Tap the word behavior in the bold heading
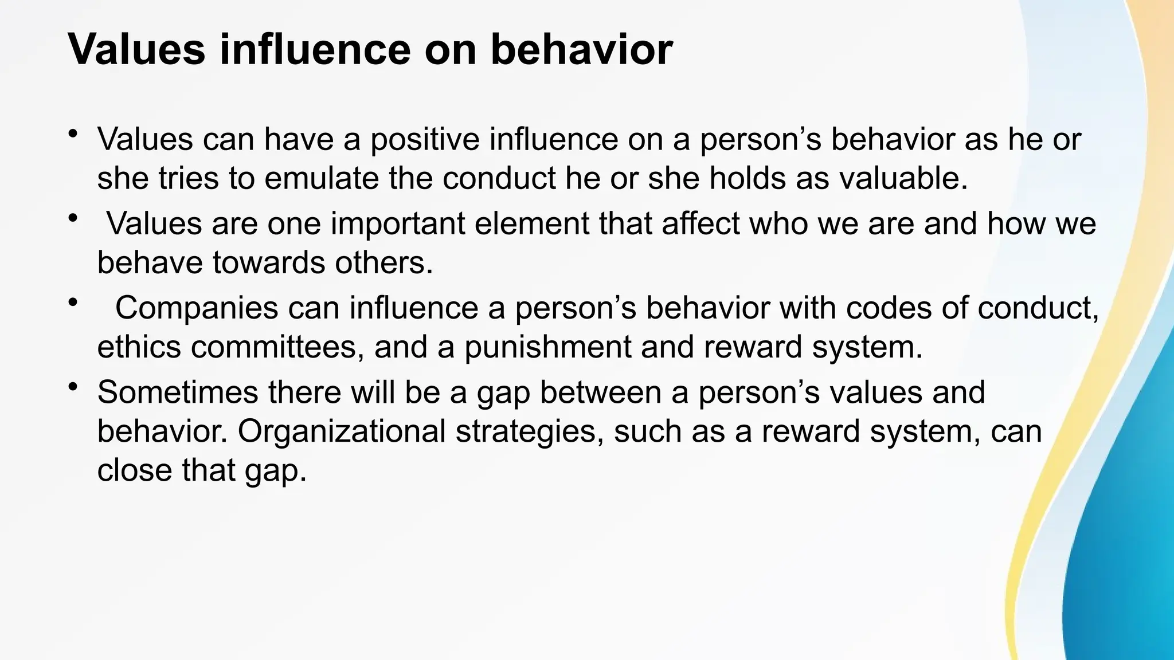click(581, 49)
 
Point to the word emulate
click(321, 178)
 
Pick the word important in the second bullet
click(397, 223)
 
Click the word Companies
click(197, 308)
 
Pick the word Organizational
click(342, 431)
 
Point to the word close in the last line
click(134, 470)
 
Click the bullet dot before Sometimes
click(72, 388)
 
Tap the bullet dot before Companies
click(72, 303)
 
